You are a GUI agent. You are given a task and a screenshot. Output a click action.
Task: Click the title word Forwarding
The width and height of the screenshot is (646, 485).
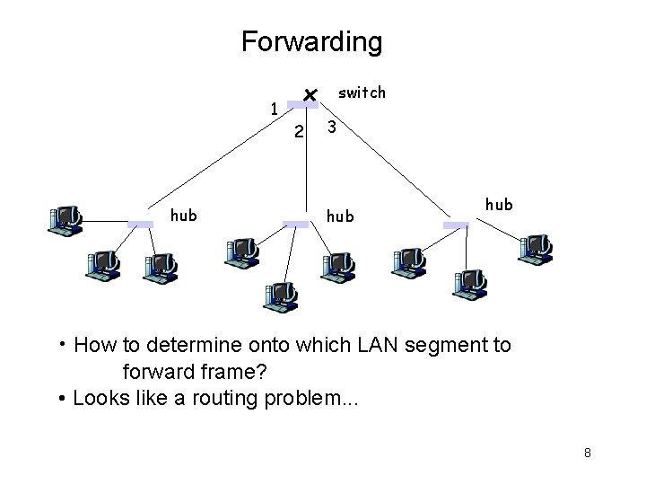click(311, 42)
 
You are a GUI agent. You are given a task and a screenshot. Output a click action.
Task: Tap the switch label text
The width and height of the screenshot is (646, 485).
click(362, 93)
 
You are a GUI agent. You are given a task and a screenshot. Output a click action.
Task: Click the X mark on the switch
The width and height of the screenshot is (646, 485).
click(308, 94)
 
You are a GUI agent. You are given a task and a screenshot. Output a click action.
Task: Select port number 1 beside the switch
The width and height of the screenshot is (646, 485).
click(275, 110)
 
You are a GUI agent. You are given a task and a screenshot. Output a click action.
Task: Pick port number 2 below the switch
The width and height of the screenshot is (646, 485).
click(300, 132)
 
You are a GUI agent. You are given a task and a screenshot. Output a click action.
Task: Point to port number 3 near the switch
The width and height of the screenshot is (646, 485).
click(332, 128)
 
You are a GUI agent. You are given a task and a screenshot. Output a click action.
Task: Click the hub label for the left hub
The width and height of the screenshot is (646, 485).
click(184, 215)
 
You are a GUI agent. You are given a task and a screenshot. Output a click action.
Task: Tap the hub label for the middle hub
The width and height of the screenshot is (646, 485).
click(339, 216)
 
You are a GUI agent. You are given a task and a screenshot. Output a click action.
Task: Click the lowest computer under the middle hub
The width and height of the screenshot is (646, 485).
click(281, 295)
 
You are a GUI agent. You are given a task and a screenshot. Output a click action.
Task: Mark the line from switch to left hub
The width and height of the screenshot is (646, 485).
click(215, 165)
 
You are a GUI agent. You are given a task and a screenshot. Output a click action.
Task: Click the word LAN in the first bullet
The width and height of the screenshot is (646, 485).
click(359, 345)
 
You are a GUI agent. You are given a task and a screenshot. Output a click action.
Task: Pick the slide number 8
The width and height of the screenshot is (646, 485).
click(587, 452)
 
